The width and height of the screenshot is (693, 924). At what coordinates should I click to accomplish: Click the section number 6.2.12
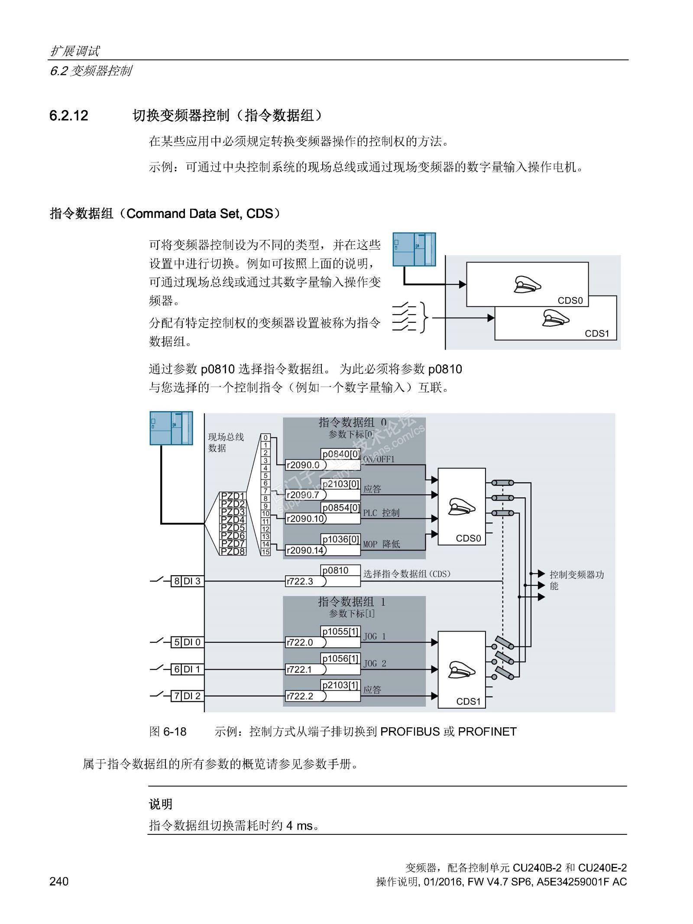click(x=69, y=116)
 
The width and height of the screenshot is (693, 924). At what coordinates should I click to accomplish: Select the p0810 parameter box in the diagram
click(x=340, y=571)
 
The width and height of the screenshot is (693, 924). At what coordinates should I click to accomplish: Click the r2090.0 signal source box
click(x=305, y=465)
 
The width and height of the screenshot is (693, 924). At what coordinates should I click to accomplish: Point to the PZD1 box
click(x=233, y=496)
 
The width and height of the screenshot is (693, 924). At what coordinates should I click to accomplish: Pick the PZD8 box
click(x=233, y=551)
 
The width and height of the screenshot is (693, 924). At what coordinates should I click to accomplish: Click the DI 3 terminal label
click(x=192, y=581)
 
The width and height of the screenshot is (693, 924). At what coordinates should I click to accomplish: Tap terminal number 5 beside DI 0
click(x=177, y=642)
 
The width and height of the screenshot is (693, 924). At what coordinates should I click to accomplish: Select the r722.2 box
click(x=305, y=696)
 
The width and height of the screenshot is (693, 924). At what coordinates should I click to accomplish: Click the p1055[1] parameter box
click(x=340, y=632)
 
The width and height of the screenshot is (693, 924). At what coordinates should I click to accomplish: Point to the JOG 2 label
click(x=374, y=664)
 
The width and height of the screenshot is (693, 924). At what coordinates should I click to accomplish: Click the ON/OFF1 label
click(x=379, y=459)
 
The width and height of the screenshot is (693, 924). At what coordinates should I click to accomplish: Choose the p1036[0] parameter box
click(x=340, y=539)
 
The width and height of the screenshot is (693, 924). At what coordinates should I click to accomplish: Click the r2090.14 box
click(x=305, y=551)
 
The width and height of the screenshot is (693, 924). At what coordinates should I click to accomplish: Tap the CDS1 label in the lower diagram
click(x=468, y=701)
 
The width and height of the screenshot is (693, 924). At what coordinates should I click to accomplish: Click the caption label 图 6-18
click(x=168, y=732)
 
